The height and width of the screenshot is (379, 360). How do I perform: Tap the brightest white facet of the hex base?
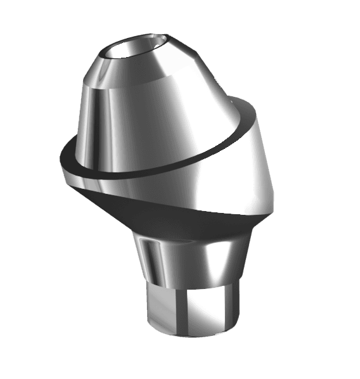(x=209, y=311)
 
